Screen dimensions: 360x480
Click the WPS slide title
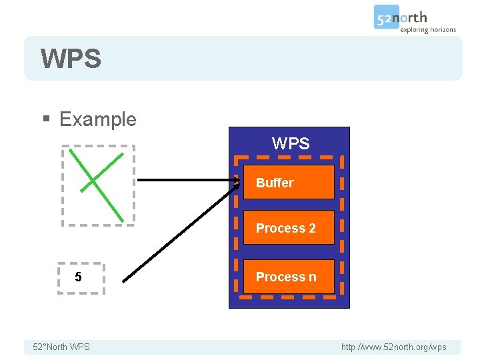tap(71, 59)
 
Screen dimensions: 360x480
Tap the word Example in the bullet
tap(97, 119)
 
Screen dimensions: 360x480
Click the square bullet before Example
tap(46, 120)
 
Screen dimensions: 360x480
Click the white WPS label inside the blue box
tap(291, 143)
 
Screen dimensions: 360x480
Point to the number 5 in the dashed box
tap(79, 277)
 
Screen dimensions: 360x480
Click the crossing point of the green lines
tap(93, 180)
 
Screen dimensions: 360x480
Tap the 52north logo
tap(401, 17)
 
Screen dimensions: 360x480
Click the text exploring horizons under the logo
tap(427, 30)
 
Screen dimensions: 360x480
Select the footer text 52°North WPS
tap(61, 347)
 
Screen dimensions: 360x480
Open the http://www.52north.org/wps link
tap(393, 347)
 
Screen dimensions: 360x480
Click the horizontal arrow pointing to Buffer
tap(187, 180)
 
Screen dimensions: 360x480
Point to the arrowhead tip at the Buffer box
tap(240, 181)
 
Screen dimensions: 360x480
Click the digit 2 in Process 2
tap(312, 228)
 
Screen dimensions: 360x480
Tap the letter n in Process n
tap(312, 277)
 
